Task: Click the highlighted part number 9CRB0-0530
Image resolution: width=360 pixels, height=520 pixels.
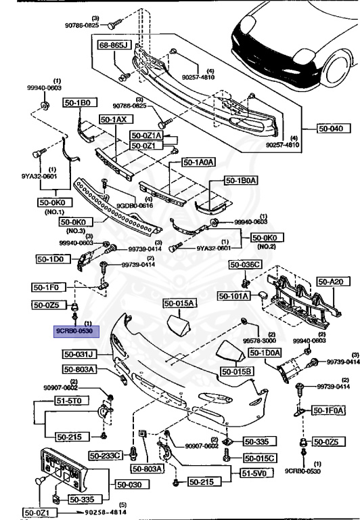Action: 77,331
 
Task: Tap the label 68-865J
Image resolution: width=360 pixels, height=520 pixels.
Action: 114,47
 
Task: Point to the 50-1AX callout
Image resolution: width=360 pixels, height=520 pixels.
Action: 114,118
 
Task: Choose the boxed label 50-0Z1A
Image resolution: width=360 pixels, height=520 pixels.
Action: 146,135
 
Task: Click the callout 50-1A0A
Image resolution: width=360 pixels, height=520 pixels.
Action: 198,162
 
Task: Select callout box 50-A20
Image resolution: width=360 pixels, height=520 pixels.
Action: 332,281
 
